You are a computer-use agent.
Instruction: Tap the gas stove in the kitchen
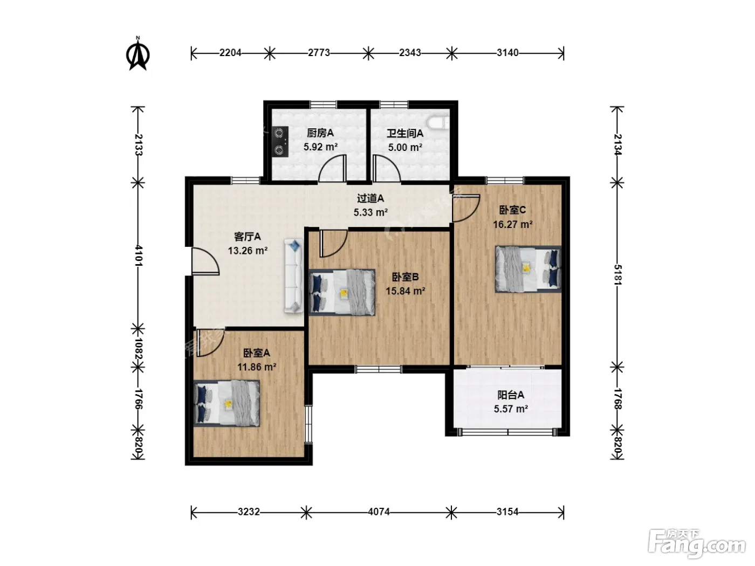[x=280, y=142]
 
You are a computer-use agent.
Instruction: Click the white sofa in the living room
[x=293, y=275]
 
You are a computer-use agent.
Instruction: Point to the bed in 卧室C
[x=528, y=269]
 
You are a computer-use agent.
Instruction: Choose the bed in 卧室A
[x=226, y=403]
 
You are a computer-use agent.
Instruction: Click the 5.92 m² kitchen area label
[x=320, y=147]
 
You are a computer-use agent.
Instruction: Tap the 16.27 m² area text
[x=512, y=224]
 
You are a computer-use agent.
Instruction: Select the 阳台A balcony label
[x=511, y=395]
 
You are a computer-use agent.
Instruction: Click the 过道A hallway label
[x=370, y=198]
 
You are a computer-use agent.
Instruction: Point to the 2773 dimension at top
[x=319, y=53]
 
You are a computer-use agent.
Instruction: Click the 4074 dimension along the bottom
[x=379, y=512]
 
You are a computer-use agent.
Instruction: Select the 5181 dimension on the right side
[x=617, y=275]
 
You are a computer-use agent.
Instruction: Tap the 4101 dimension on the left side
[x=139, y=256]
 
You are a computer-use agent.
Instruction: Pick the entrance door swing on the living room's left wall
[x=205, y=261]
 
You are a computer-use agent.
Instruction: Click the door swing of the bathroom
[x=387, y=168]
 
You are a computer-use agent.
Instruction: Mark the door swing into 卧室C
[x=466, y=208]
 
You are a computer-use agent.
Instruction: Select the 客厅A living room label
[x=248, y=237]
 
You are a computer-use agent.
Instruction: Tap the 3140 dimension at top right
[x=507, y=53]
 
